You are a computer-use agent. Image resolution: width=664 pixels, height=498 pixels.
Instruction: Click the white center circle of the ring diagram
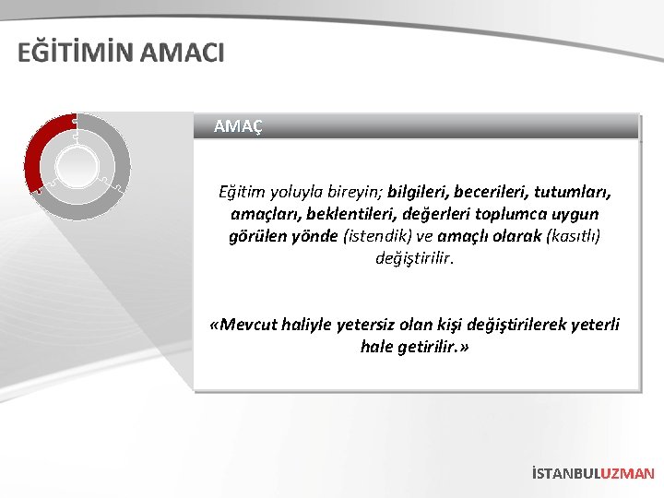77,167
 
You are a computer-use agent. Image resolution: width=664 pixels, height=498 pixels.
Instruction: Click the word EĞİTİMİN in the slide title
76,53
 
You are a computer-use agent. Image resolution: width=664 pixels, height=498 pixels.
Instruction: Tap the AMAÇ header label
238,126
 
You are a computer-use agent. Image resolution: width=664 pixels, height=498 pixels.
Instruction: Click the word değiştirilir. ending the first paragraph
415,257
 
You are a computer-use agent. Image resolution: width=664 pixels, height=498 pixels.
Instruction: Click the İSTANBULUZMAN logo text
593,473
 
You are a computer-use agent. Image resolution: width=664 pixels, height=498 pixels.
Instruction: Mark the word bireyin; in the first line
350,193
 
